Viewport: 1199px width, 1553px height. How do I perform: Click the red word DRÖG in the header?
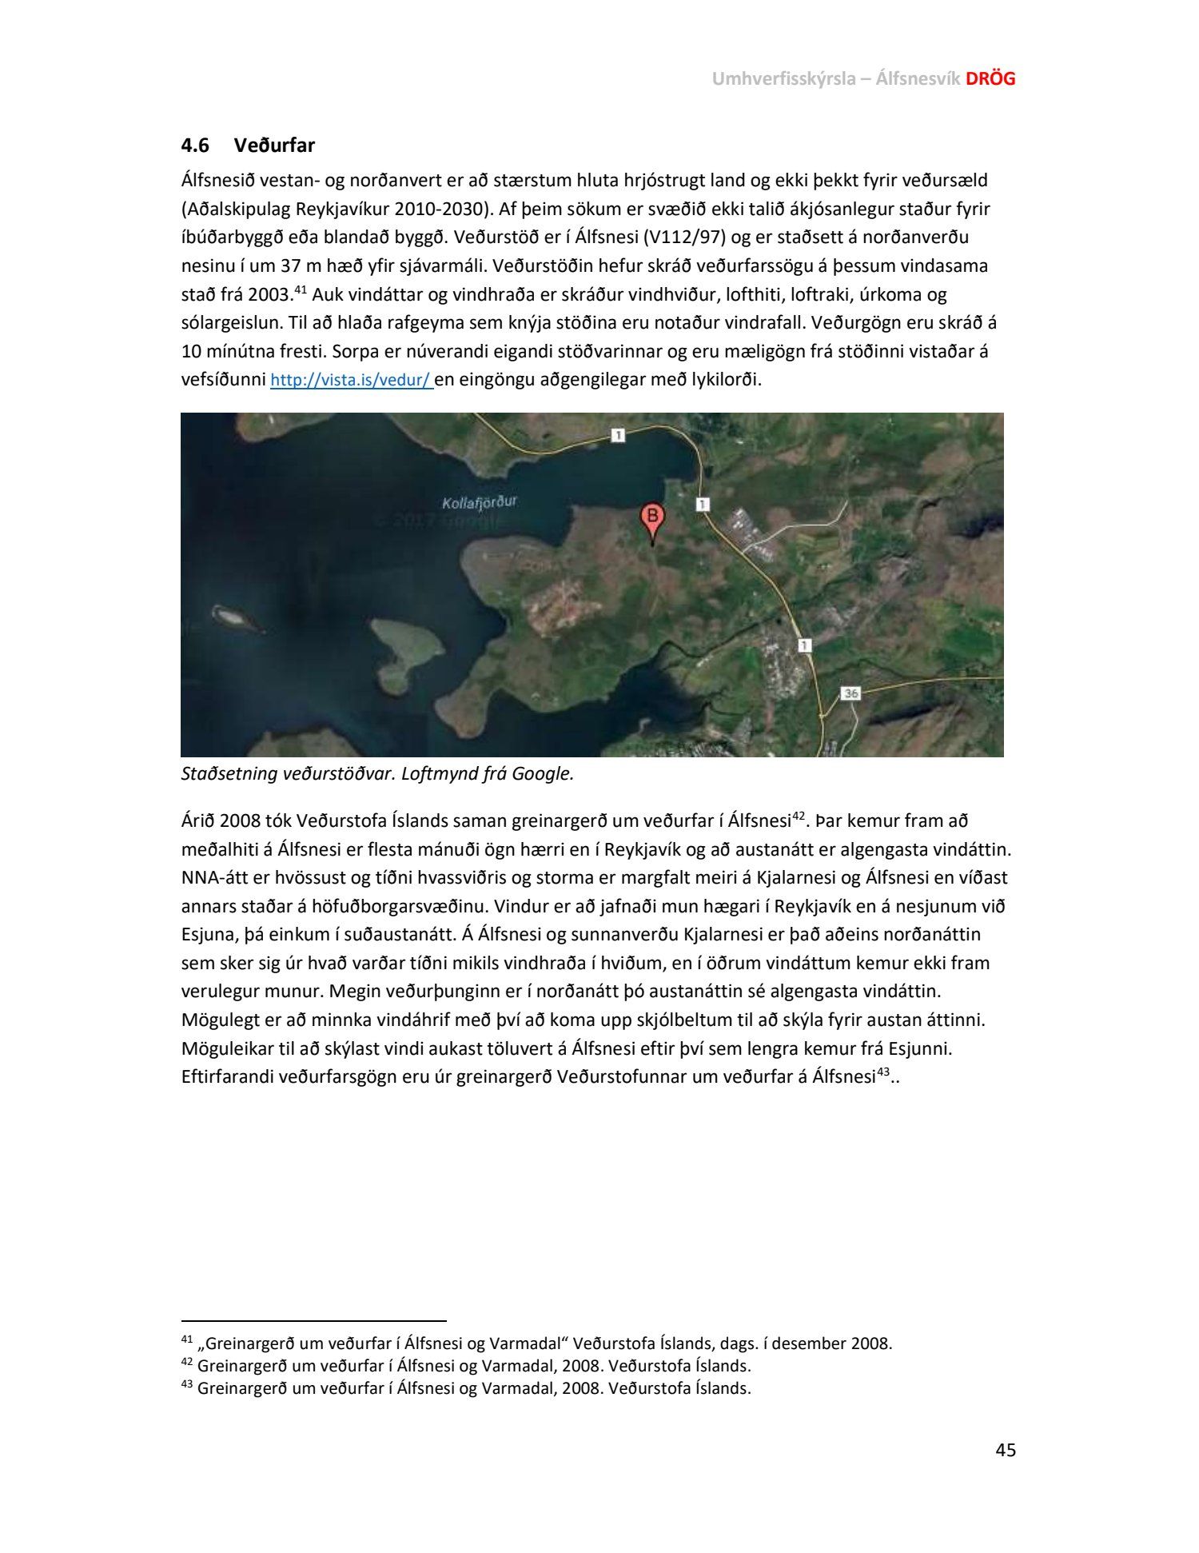[x=990, y=78]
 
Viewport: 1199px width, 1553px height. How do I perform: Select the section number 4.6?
[x=195, y=146]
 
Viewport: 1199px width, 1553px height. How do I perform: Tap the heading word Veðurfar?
[x=274, y=146]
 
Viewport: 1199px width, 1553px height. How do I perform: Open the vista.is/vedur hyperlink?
[x=351, y=381]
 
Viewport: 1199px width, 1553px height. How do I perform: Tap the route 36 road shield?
[x=850, y=693]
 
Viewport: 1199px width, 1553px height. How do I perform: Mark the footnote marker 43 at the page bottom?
[x=187, y=1385]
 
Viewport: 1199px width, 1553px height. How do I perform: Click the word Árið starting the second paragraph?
[x=197, y=821]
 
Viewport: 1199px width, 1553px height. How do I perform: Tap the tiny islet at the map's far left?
[x=229, y=616]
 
